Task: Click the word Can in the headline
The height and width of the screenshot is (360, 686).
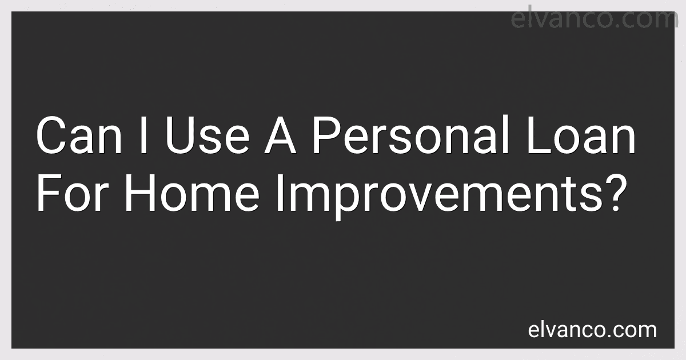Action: pos(79,135)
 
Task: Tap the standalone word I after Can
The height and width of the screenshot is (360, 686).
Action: pos(143,135)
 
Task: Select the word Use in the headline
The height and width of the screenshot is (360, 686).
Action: pos(208,135)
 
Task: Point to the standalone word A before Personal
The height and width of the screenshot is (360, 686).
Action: pos(280,135)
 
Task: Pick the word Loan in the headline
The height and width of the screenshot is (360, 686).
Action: pos(581,135)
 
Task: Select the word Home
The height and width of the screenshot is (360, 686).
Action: pos(192,193)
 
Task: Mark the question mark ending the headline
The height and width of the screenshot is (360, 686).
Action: pos(616,193)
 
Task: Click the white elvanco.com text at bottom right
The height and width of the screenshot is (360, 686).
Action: pos(592,330)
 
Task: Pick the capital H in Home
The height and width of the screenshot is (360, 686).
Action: pos(139,193)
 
